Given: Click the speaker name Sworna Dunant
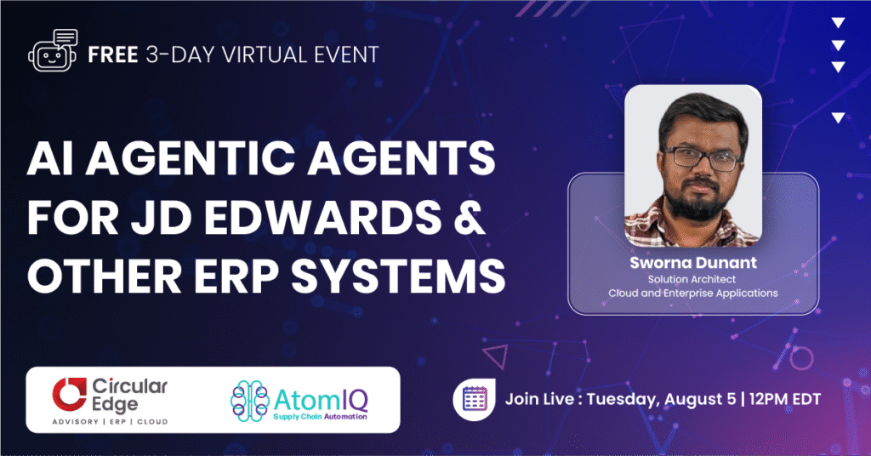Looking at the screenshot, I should tap(692, 262).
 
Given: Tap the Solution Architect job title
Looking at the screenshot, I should tap(692, 278).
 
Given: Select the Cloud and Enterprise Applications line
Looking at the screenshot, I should tap(692, 294).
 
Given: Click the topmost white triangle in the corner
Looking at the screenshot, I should tap(838, 23).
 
